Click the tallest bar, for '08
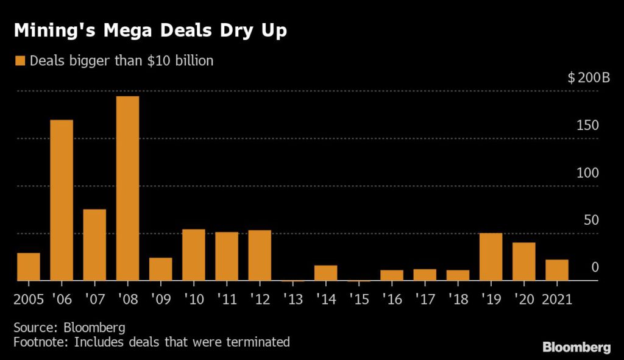click(127, 189)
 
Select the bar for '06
click(62, 200)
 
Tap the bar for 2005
click(29, 267)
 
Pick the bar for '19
click(491, 256)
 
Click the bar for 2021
click(557, 270)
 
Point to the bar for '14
click(325, 273)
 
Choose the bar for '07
click(94, 245)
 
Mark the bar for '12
click(260, 255)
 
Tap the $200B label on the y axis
click(588, 79)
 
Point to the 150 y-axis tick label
click(587, 125)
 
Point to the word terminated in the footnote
click(256, 342)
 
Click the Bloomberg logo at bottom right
click(576, 348)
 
